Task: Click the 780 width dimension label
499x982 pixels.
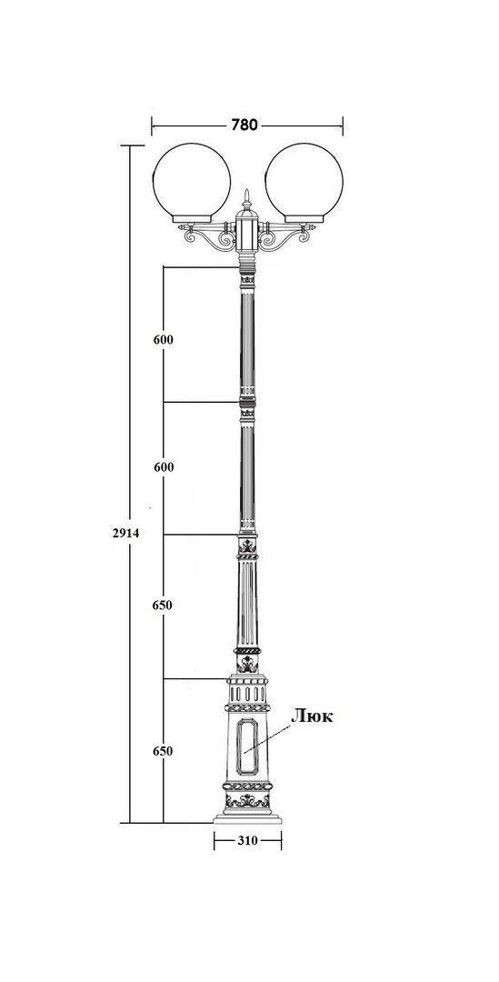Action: click(x=245, y=125)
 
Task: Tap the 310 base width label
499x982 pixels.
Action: click(x=247, y=840)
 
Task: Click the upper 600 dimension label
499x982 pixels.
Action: click(x=163, y=339)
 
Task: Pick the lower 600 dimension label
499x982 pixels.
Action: click(x=163, y=467)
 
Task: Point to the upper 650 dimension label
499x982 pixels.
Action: click(x=163, y=605)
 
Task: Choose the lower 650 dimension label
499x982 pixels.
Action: click(x=163, y=751)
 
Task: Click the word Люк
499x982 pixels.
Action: click(x=312, y=716)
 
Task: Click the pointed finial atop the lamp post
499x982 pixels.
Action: click(x=247, y=200)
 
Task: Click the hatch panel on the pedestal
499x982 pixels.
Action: click(x=247, y=746)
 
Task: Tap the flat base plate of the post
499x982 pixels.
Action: click(x=247, y=818)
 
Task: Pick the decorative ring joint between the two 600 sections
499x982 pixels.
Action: click(x=248, y=402)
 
